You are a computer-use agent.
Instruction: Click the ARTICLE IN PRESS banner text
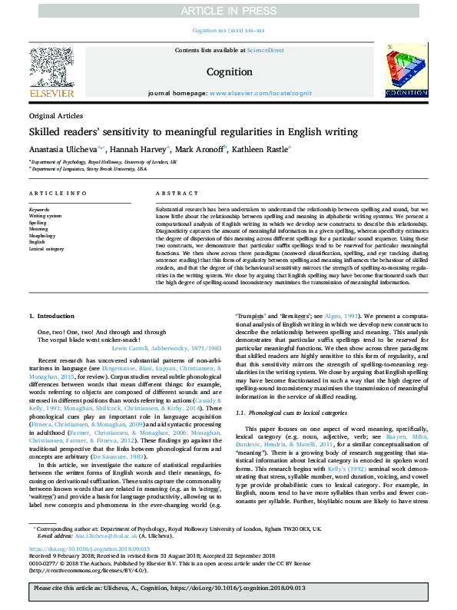pos(228,10)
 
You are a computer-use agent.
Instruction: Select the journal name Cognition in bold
pos(229,71)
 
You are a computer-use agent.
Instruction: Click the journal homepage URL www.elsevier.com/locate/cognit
pos(253,93)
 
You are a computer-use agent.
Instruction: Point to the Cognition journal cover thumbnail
pos(406,71)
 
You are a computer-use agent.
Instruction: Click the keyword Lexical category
pos(47,249)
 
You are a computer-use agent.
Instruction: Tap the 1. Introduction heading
pos(52,317)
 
